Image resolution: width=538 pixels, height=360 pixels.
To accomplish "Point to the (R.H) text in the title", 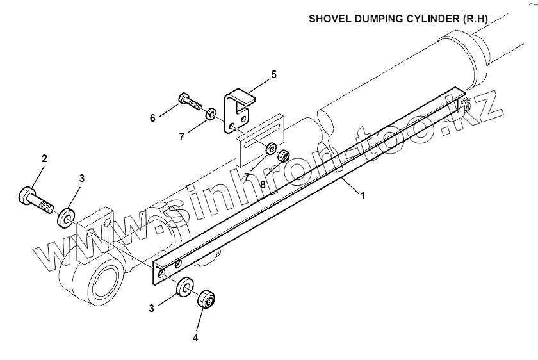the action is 477,19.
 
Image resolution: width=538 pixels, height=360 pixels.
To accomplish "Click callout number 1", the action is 363,196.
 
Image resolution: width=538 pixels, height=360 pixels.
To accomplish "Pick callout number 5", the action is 273,74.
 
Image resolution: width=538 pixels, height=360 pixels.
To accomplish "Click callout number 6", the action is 152,118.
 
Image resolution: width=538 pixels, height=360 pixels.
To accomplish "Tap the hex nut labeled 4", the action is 206,299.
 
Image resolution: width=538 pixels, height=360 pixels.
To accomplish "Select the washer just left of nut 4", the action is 186,286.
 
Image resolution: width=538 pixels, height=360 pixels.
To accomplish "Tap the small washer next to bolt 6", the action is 210,115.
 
